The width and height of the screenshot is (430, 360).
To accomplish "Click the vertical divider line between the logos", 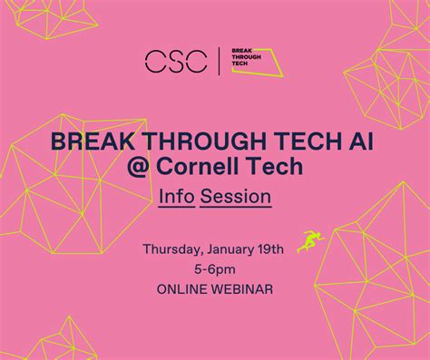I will tap(218, 61).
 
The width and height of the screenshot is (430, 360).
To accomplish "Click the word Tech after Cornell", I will tap(274, 169).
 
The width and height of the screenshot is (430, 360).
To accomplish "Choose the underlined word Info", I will tap(177, 196).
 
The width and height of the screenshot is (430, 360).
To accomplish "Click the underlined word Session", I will tap(236, 196).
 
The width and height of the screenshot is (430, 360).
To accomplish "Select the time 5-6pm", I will tap(215, 269).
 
